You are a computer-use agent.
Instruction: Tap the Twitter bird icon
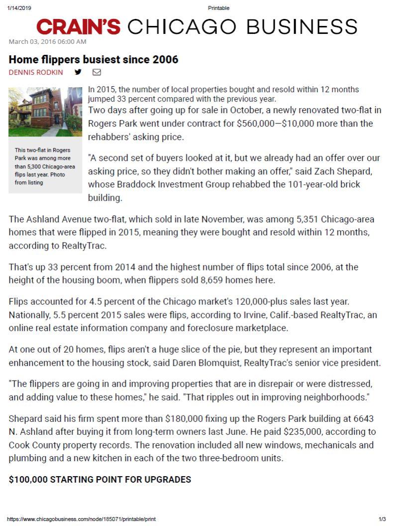pos(78,72)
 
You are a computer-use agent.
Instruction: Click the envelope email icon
pos(97,72)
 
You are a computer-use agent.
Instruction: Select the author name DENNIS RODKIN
pos(36,72)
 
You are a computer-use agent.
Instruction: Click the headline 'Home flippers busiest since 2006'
pos(94,60)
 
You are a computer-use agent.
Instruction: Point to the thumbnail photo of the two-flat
pos(45,112)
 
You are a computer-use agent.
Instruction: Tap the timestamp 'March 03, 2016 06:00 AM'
pos(48,41)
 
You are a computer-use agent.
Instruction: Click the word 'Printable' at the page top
pos(219,8)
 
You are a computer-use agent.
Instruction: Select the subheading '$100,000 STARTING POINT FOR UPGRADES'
pos(100,480)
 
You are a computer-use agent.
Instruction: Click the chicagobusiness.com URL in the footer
pos(82,519)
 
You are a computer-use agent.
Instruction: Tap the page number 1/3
pos(383,519)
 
